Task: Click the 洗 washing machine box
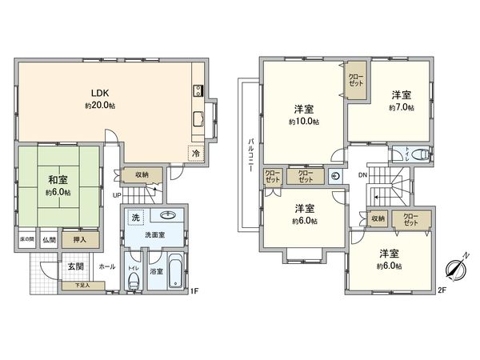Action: [x=135, y=218]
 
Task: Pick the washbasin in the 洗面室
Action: [x=168, y=215]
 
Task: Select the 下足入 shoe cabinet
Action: [x=83, y=285]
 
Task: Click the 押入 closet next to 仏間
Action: [x=80, y=238]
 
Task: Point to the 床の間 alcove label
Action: [x=26, y=238]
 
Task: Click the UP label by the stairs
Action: [x=117, y=195]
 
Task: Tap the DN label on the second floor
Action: [x=362, y=174]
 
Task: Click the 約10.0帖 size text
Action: [x=304, y=122]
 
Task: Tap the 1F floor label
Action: [x=194, y=291]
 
